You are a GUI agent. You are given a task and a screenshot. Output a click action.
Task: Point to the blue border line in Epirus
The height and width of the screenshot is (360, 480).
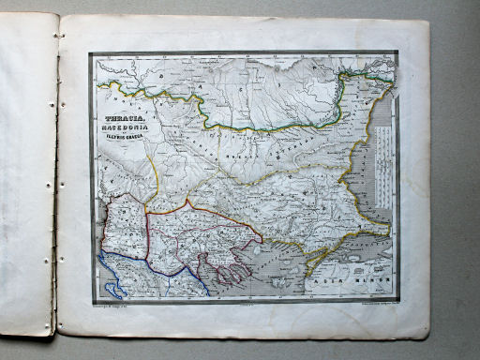click(141, 281)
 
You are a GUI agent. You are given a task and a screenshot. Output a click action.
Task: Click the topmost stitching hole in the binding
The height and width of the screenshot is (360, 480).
click(58, 35)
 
